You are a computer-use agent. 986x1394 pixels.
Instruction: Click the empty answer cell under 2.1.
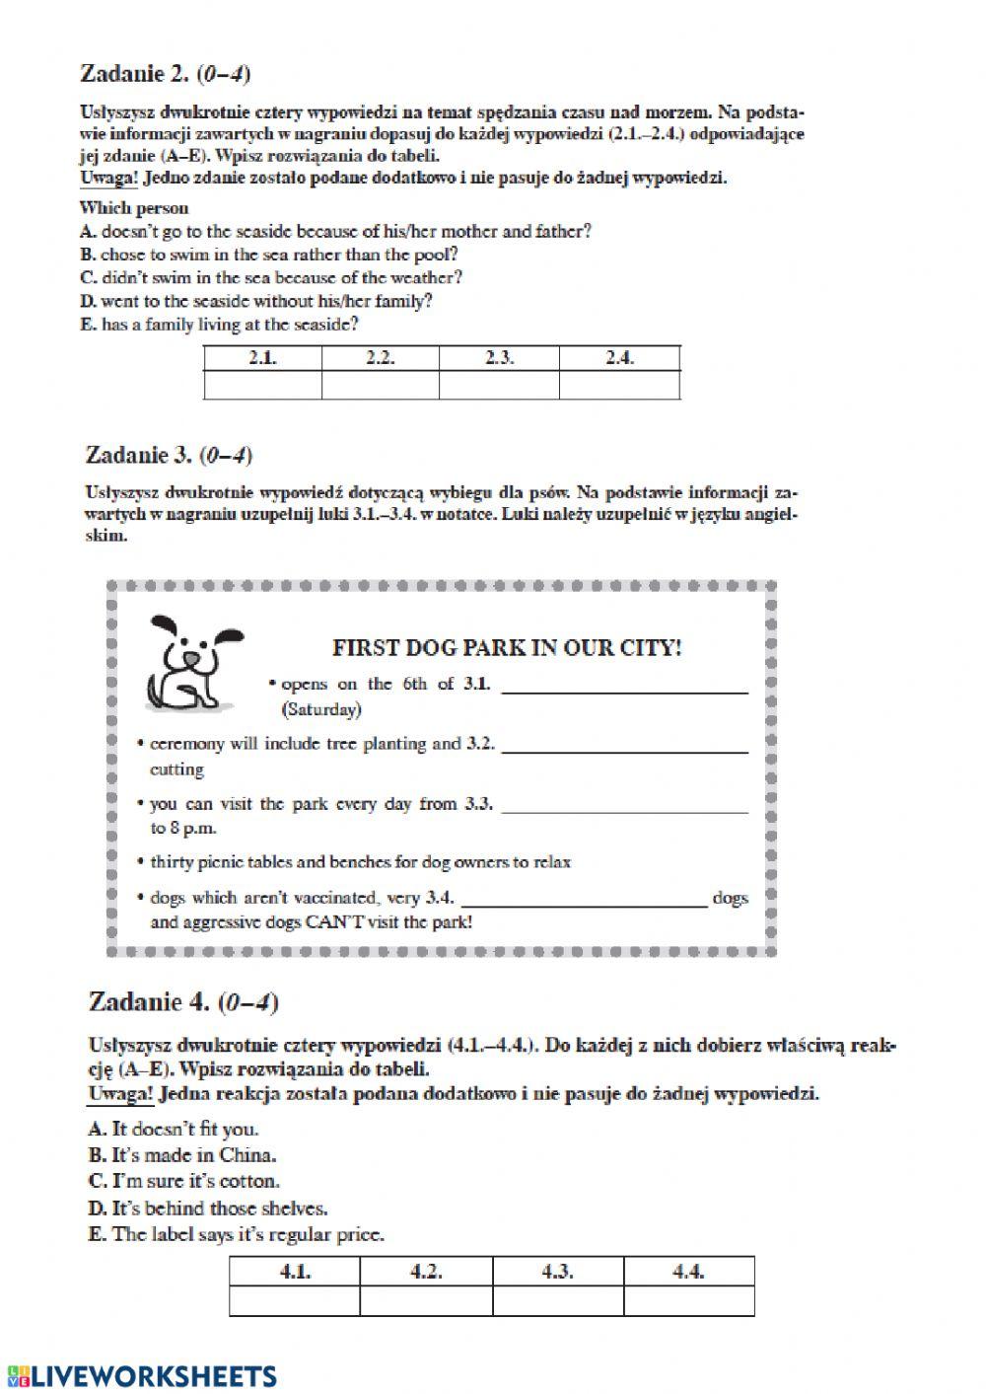[x=262, y=385]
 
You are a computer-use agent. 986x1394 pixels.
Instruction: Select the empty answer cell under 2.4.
[x=619, y=385]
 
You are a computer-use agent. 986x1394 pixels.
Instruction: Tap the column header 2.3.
[x=499, y=358]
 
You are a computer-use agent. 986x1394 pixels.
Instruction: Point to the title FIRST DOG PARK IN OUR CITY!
[x=507, y=648]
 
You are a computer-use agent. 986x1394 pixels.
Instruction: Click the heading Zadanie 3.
[x=169, y=455]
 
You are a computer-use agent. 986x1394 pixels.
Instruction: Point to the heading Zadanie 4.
[x=182, y=1002]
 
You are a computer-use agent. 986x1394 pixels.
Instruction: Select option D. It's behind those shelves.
[x=208, y=1208]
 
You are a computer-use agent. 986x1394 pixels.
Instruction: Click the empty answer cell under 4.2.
[x=426, y=1301]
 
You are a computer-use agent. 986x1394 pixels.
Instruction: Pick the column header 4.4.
[x=688, y=1272]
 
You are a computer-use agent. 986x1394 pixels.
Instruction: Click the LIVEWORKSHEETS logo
[x=141, y=1376]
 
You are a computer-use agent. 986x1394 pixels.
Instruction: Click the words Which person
[x=134, y=208]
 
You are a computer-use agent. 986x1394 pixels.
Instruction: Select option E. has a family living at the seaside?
[x=219, y=324]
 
